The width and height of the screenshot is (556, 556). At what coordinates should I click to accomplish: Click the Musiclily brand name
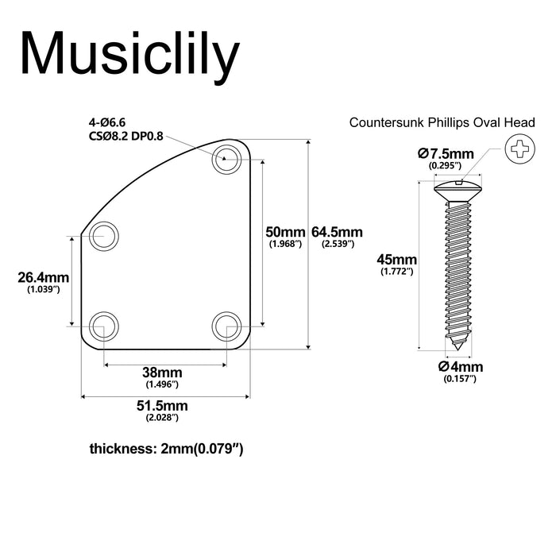point(130,53)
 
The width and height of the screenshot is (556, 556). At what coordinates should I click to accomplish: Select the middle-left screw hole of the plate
point(103,235)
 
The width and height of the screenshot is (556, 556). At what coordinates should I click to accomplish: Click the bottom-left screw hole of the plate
point(103,326)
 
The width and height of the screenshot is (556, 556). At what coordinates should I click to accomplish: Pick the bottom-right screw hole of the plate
point(226,326)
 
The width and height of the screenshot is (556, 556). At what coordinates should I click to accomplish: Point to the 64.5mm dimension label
point(337,232)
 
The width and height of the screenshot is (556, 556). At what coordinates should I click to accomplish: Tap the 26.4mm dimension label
point(43,277)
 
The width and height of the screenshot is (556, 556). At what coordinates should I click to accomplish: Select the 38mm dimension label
point(163,373)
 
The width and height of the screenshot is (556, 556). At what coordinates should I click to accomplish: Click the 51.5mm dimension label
point(161,405)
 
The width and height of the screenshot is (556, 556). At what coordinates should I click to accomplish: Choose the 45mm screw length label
point(396,260)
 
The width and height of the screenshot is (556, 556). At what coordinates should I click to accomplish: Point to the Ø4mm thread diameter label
point(460,367)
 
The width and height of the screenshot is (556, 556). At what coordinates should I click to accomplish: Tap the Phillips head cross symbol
point(520,148)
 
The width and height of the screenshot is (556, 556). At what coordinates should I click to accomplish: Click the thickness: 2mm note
point(166,449)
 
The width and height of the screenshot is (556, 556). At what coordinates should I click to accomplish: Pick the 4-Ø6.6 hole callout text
point(107,122)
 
